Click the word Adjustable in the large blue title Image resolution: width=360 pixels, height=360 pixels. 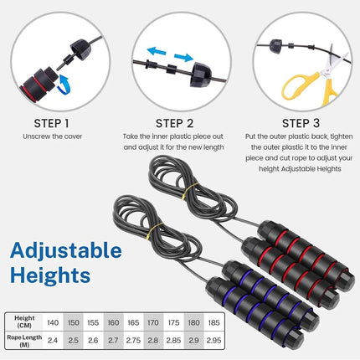[x=67, y=249]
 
